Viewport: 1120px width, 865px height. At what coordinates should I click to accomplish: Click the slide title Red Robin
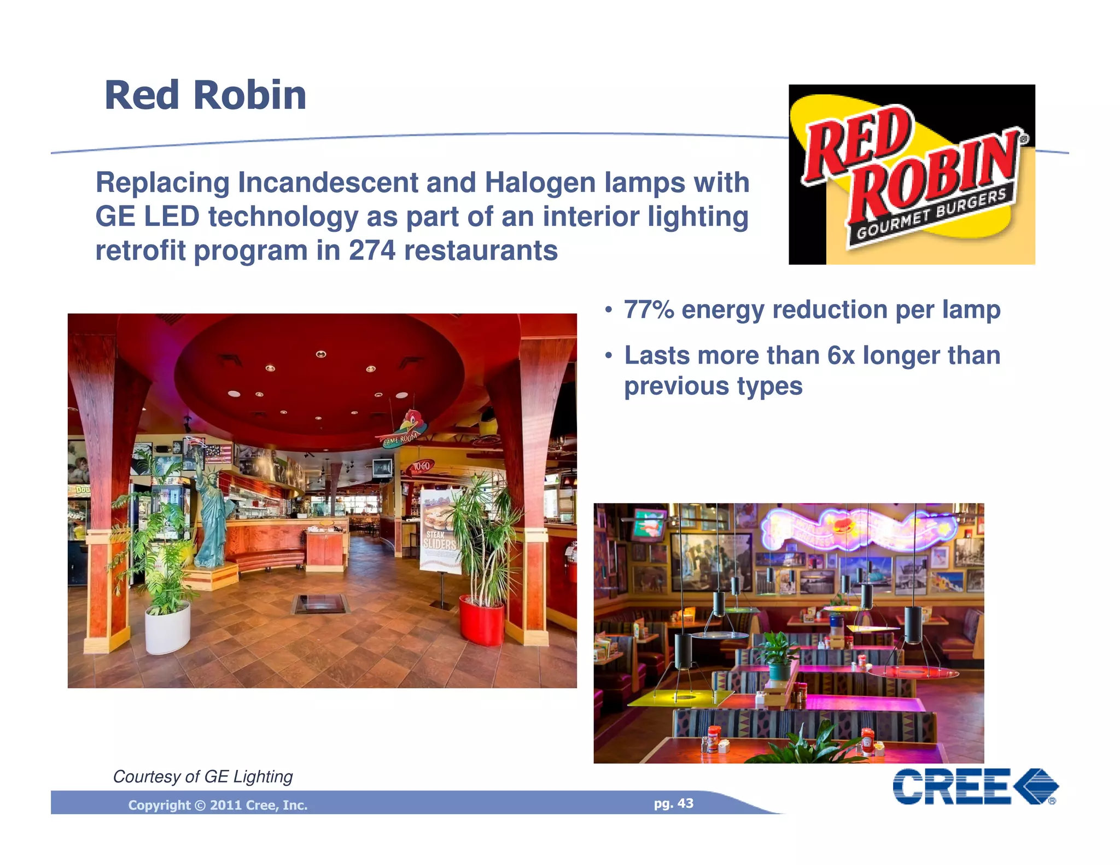pyautogui.click(x=205, y=96)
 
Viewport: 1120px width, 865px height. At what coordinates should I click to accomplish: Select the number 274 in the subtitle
pyautogui.click(x=372, y=251)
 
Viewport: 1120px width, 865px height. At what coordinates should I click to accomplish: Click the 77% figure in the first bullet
pyautogui.click(x=649, y=310)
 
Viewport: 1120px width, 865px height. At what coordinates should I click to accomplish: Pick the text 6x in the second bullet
pyautogui.click(x=841, y=356)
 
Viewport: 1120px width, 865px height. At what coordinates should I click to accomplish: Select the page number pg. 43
pyautogui.click(x=673, y=803)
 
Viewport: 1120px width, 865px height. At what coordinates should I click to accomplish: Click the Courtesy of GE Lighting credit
pyautogui.click(x=202, y=776)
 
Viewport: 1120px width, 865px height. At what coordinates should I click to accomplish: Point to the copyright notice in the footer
pyautogui.click(x=218, y=805)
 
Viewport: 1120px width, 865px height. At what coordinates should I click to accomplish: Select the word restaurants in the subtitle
pyautogui.click(x=481, y=251)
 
